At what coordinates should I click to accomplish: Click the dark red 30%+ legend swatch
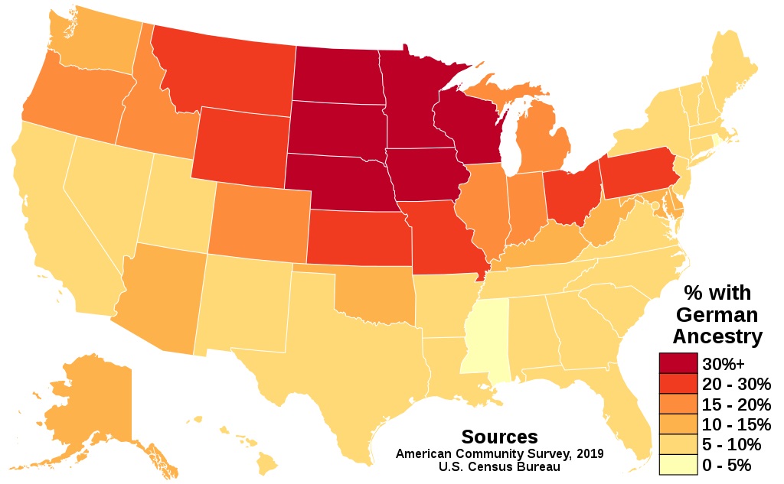click(678, 364)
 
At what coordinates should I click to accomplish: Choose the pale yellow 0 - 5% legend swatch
click(678, 464)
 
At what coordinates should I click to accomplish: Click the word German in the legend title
click(717, 314)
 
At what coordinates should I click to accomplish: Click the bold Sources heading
click(499, 437)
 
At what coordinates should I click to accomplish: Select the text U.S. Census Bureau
click(499, 466)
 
